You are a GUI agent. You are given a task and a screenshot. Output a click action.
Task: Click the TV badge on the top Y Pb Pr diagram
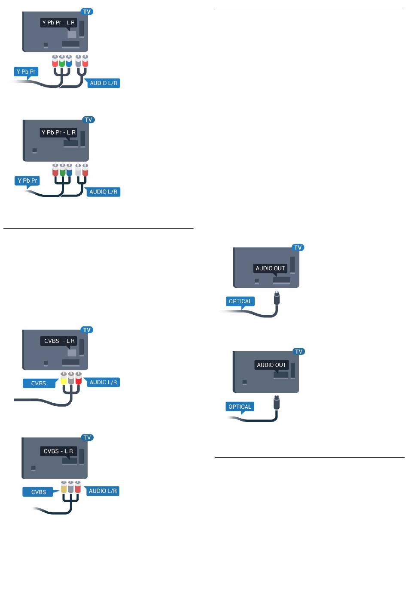coord(87,12)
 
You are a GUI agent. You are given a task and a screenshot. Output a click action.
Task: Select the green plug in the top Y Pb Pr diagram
coord(62,61)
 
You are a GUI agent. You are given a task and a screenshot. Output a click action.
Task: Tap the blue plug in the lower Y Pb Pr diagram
coord(69,170)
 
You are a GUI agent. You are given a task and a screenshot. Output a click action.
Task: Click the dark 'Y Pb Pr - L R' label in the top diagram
coord(58,23)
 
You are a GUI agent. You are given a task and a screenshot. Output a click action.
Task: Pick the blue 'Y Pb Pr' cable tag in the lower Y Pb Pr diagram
coord(27,181)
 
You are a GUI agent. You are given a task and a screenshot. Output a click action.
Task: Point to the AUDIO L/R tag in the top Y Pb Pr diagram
coord(104,83)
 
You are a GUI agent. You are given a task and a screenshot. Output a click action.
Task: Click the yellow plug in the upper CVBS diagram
coord(64,378)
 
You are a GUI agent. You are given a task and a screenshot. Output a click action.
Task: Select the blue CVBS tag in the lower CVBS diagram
coord(39,492)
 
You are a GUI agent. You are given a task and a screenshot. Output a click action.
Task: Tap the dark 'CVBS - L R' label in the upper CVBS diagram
coord(59,341)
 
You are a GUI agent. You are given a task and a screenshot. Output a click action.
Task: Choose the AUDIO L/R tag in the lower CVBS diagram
coord(103,491)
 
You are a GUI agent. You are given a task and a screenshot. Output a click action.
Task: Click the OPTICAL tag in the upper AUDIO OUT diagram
coord(240,302)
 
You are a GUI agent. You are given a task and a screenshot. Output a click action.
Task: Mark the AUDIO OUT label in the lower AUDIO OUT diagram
coord(272,365)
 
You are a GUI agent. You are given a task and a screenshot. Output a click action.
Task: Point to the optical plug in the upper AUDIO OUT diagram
coord(277,298)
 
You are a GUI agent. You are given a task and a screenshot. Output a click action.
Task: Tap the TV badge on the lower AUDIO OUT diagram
coord(298,351)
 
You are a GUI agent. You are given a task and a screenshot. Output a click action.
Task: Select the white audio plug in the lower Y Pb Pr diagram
coord(78,170)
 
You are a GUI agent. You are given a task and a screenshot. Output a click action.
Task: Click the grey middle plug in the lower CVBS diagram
coord(70,487)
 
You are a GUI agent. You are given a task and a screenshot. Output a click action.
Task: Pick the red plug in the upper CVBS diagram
coord(79,378)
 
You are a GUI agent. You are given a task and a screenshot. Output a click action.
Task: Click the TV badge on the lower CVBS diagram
coord(87,437)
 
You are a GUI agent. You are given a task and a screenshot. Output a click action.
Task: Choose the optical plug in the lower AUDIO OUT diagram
coord(277,403)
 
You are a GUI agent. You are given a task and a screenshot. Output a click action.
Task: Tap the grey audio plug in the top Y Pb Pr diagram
coord(78,61)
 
